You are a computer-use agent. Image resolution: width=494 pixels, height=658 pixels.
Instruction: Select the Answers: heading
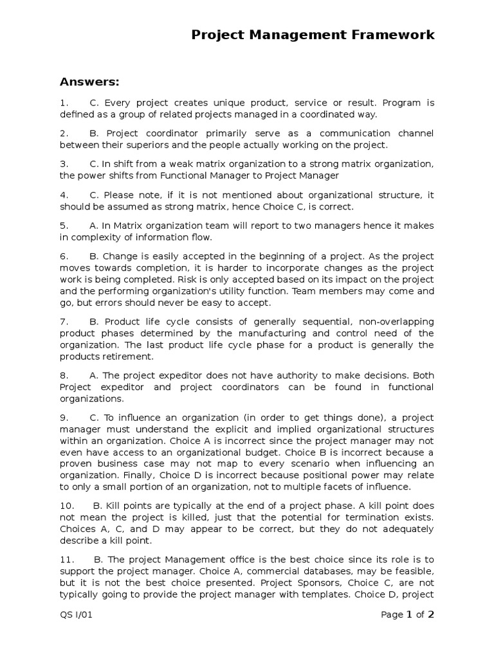89,82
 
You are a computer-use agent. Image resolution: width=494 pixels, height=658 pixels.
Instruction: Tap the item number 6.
64,256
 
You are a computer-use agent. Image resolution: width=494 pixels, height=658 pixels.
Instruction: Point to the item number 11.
67,559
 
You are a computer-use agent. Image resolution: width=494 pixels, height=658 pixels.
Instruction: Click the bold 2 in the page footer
431,614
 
